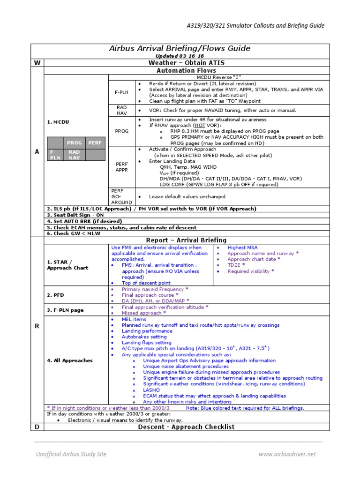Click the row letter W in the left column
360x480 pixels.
point(37,63)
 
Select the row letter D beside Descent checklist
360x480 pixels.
point(37,427)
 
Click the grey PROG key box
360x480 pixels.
point(74,142)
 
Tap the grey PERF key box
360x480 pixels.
point(95,142)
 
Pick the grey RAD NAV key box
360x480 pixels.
point(74,155)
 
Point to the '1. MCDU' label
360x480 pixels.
point(58,122)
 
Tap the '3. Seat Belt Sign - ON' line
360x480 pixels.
point(75,215)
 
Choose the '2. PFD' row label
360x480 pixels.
point(55,295)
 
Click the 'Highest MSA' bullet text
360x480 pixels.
point(242,247)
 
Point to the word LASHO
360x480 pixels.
point(151,390)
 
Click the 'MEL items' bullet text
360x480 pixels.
point(134,319)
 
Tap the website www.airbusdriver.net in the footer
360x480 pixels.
point(287,454)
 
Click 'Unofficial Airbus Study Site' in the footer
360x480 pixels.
point(71,454)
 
